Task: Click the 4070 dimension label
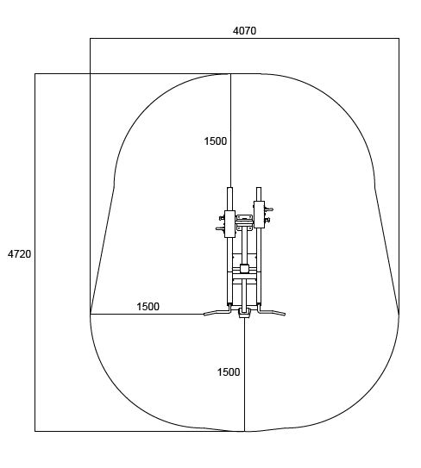click(244, 31)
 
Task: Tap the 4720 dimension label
click(20, 254)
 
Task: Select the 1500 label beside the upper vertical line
click(216, 140)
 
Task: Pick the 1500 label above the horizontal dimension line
click(148, 307)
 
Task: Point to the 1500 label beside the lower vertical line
click(229, 371)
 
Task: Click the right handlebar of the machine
click(272, 311)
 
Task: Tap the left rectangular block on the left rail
click(229, 224)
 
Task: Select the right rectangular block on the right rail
click(259, 215)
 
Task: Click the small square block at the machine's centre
click(244, 268)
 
